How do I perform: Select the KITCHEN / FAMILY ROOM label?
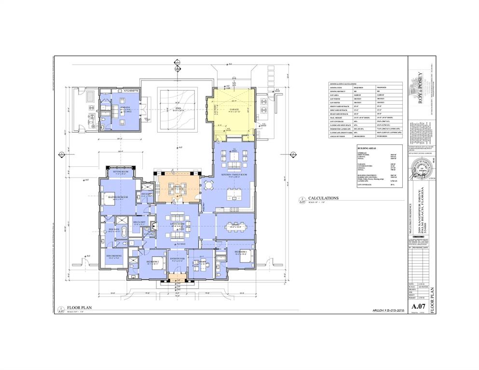[x=234, y=174]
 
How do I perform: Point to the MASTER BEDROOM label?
[x=118, y=197]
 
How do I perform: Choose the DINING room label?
[x=235, y=224]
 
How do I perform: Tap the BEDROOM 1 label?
[x=241, y=252]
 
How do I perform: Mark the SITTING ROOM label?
[x=121, y=171]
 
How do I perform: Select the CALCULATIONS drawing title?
[x=325, y=198]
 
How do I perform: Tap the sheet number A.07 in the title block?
[x=418, y=307]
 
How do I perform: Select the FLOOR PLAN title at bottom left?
[x=77, y=307]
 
